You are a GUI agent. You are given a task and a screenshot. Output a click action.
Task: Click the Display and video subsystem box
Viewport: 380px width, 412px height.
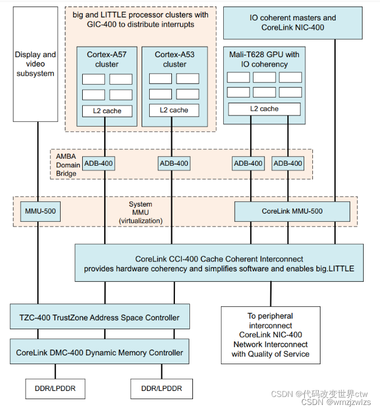[36, 64]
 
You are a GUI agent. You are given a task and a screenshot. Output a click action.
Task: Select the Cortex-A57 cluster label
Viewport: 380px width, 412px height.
[106, 60]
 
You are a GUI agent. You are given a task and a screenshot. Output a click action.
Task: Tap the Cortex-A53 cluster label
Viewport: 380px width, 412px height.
[174, 60]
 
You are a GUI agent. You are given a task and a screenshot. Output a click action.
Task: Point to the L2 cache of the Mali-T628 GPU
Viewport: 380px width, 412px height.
[264, 109]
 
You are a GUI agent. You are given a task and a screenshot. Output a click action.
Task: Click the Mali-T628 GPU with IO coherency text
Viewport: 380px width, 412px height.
[264, 60]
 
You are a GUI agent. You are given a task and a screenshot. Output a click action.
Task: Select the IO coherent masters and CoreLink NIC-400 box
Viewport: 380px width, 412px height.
[290, 23]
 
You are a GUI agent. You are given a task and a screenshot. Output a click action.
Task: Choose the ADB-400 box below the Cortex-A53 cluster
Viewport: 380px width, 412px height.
[174, 163]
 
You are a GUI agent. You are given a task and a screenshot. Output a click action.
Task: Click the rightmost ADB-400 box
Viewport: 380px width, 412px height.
[288, 163]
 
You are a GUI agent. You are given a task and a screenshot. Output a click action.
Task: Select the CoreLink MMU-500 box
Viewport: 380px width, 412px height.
[292, 211]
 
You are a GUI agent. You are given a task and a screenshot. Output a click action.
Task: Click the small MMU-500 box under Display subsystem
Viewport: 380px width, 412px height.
[38, 211]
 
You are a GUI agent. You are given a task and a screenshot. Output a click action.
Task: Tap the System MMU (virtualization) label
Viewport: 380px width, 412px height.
[140, 212]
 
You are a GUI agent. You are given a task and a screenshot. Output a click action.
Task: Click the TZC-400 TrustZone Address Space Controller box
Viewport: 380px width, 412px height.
[100, 317]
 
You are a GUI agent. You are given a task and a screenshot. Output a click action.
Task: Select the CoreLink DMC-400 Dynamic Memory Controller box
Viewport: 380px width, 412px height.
[100, 352]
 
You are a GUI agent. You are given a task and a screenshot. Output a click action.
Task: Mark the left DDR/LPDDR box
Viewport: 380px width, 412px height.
[55, 388]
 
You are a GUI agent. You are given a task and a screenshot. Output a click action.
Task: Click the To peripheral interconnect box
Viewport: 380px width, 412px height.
[270, 335]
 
